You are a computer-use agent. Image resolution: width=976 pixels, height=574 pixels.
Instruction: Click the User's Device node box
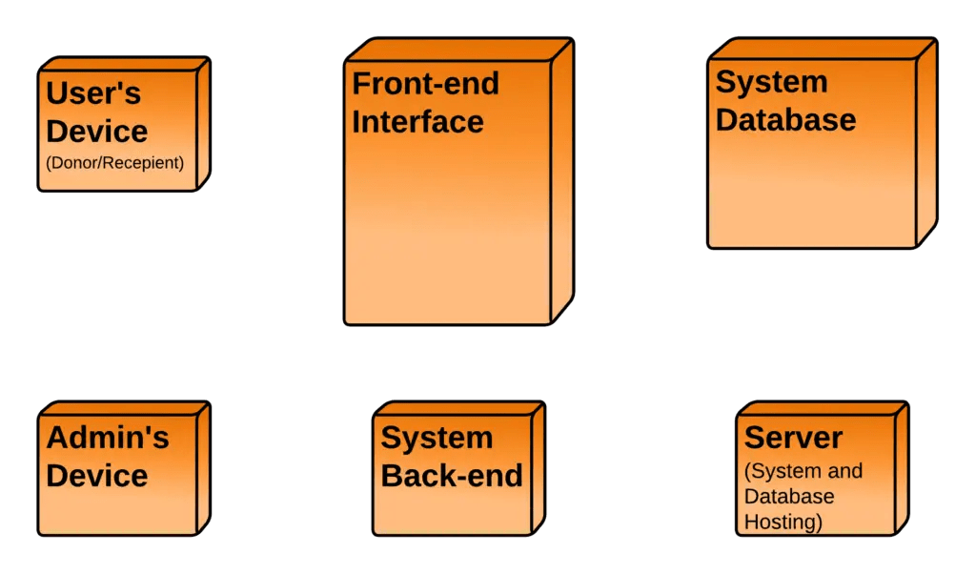tap(119, 130)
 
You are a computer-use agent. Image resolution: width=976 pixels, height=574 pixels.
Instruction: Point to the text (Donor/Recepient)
tap(113, 163)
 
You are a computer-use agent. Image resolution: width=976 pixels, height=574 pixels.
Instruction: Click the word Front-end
tap(425, 84)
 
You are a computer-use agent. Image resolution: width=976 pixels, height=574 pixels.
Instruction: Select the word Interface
tap(417, 122)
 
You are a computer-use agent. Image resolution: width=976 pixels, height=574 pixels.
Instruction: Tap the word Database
tap(785, 120)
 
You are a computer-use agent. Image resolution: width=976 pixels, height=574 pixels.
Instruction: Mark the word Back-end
tap(452, 475)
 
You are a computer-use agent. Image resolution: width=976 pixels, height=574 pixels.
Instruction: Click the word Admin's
tap(108, 438)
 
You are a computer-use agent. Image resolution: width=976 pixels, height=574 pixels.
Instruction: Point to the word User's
tap(93, 93)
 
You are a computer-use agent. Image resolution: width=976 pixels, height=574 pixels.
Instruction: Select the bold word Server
tap(793, 438)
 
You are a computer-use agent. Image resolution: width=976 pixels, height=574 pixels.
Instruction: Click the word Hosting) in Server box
tap(783, 522)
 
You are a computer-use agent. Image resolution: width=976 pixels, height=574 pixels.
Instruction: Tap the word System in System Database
tap(771, 82)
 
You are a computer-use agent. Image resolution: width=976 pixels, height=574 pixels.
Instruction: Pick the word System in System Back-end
tap(437, 438)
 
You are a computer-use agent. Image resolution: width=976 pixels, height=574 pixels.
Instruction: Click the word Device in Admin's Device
tap(97, 475)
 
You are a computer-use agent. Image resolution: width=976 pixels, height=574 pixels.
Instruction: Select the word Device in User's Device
tap(97, 131)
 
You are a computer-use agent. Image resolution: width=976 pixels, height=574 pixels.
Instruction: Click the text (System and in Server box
tap(803, 471)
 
